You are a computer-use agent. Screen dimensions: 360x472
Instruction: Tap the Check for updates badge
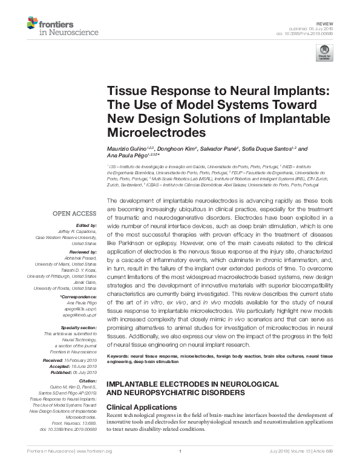pyautogui.click(x=325, y=53)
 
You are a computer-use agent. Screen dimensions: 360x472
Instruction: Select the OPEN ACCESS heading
pyautogui.click(x=75, y=213)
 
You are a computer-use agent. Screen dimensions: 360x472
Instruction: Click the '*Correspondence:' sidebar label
pyautogui.click(x=79, y=298)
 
